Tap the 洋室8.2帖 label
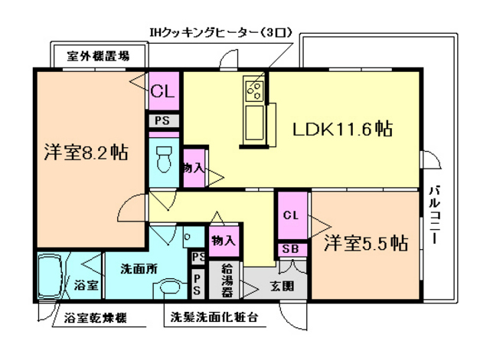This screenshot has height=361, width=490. point(85,152)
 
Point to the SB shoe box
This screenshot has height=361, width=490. point(290,249)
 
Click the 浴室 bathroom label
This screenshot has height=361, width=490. point(86,286)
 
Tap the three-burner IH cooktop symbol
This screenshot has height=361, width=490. point(253,91)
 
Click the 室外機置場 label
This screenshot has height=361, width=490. point(97,56)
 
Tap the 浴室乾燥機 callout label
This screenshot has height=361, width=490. point(95,317)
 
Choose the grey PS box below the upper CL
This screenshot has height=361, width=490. point(162,120)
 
